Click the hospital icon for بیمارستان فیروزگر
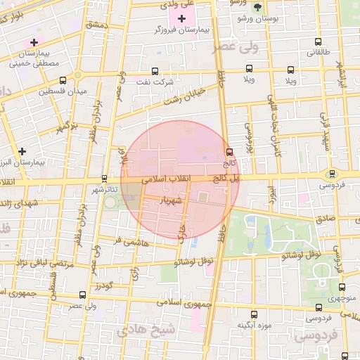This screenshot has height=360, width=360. (181, 18)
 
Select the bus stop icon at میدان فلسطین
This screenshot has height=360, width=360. (64, 80)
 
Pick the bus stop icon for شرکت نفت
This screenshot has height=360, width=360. (155, 70)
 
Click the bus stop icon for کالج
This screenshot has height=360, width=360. (229, 152)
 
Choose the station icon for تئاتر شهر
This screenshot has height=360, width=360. (105, 179)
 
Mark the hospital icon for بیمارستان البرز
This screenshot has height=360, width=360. (22, 151)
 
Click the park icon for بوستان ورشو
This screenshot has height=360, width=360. (257, 7)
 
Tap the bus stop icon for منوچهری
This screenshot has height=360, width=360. (342, 287)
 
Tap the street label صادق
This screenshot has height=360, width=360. (326, 219)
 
